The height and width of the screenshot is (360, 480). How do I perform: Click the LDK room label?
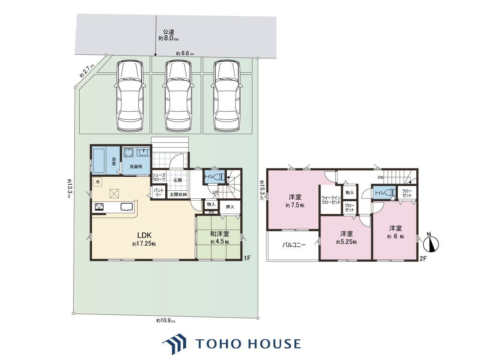(x=144, y=235)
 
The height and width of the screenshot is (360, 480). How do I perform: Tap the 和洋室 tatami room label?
(x=219, y=234)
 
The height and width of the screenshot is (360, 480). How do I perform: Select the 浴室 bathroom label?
(x=114, y=161)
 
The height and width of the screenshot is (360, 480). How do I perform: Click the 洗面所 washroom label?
(x=136, y=166)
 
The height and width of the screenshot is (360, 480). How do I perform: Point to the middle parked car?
(x=178, y=96)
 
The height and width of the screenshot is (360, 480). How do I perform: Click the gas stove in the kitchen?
(x=99, y=207)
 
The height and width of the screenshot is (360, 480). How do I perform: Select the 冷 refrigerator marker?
(x=98, y=182)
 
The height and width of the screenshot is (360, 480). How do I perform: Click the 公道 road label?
(x=168, y=32)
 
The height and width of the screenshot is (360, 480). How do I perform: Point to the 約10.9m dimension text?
(x=166, y=321)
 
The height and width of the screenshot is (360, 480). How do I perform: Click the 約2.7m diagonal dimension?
(x=86, y=70)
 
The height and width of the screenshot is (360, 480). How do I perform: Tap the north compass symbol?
(x=431, y=244)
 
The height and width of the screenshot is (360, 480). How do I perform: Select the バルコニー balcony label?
(x=294, y=244)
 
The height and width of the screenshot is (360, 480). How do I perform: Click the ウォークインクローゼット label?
(x=331, y=200)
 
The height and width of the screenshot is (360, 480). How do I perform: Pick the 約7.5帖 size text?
(x=295, y=205)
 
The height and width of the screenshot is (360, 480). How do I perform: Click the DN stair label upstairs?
(x=380, y=178)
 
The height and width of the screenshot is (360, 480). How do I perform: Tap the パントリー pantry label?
(x=158, y=192)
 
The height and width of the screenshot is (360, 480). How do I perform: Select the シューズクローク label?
(x=159, y=177)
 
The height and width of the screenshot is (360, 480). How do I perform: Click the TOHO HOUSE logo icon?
(x=174, y=344)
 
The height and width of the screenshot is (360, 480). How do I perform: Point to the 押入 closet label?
(x=230, y=207)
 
